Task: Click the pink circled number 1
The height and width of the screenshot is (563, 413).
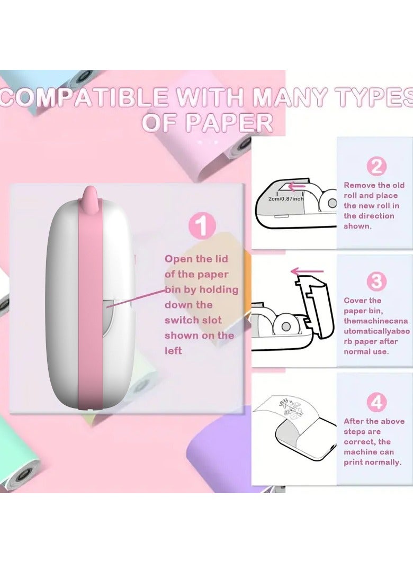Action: point(202,226)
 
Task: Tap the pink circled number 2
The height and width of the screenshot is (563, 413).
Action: point(376,166)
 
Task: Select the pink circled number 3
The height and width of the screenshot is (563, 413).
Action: point(376,281)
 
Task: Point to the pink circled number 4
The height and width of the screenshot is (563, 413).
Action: point(376,402)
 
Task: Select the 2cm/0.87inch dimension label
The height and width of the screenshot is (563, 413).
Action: point(286,198)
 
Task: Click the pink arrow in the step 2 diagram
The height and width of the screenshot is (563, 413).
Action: point(297,186)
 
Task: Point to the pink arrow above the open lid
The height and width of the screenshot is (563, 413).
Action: point(307,272)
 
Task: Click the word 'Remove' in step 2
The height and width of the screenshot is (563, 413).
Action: point(360,185)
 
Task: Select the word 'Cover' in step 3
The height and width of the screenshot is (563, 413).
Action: point(356,301)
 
